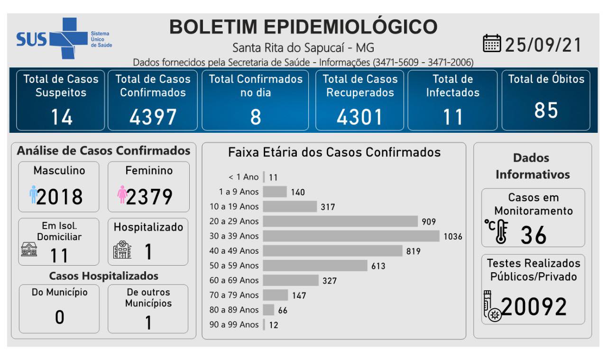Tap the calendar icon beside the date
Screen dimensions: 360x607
492,44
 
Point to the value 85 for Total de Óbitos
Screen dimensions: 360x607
546,110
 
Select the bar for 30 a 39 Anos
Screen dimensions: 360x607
351,236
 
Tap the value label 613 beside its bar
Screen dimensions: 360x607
378,266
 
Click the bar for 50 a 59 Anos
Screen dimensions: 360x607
315,266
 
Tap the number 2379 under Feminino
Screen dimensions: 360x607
149,196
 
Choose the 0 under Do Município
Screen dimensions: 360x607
60,317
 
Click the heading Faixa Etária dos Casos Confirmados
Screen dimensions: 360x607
334,153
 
